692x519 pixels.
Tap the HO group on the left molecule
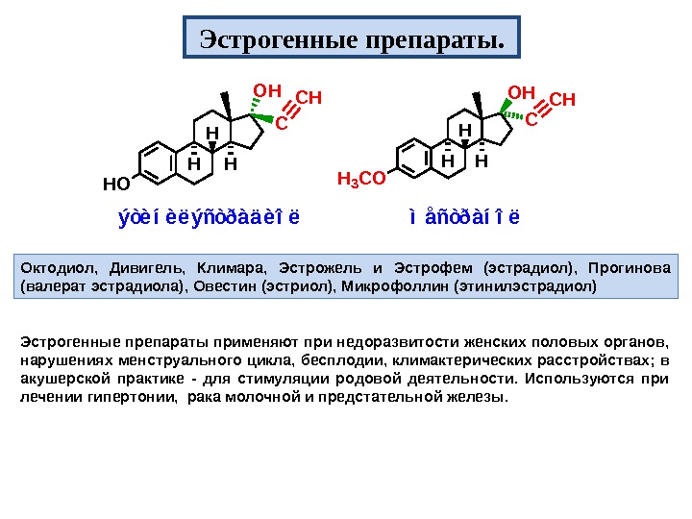point(115,182)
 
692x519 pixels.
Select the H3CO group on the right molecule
point(362,178)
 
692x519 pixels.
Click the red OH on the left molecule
point(265,91)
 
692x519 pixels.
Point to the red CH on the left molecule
point(308,98)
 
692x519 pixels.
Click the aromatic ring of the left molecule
point(155,162)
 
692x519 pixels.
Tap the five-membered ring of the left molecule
point(251,132)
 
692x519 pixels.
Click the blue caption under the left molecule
point(209,215)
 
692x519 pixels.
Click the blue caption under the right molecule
point(463,215)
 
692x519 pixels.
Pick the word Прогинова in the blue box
point(635,267)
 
